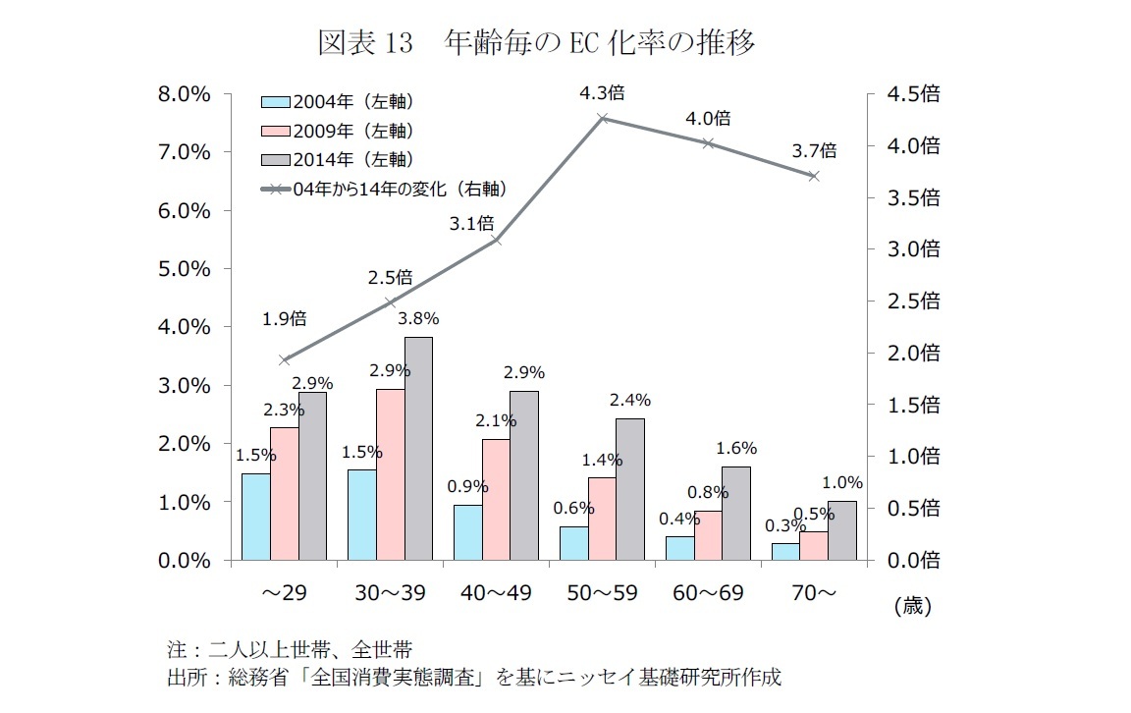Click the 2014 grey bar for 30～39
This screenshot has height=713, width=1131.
click(419, 449)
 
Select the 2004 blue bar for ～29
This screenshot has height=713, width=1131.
click(255, 517)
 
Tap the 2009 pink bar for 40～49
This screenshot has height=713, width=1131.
click(496, 500)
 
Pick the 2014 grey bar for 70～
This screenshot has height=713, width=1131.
click(842, 530)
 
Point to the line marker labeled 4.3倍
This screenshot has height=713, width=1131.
click(603, 118)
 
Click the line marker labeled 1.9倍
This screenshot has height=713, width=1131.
click(285, 360)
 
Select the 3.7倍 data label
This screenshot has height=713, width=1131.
click(815, 151)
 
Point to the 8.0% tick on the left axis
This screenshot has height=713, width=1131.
click(186, 94)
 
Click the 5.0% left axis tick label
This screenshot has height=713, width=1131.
click(186, 269)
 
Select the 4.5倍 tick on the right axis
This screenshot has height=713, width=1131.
click(913, 94)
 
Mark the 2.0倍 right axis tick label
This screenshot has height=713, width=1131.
click(913, 353)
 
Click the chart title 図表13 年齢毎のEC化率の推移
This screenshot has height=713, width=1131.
click(537, 43)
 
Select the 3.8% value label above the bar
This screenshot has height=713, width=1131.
click(418, 318)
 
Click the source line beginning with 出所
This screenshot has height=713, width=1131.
click(475, 678)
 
